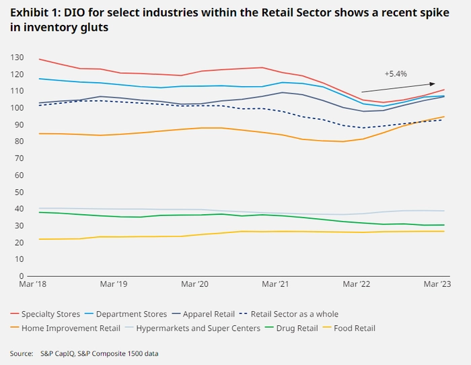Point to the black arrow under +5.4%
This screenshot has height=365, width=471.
coord(398,88)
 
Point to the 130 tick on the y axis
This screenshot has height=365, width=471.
coord(17,57)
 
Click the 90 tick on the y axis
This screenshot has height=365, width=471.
coord(19,125)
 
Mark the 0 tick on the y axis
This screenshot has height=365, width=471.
coord(22,275)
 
